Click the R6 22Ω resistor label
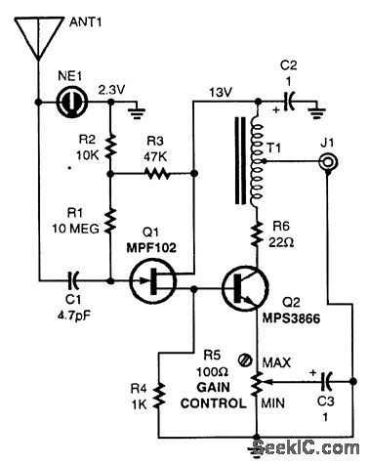coord(288,239)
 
